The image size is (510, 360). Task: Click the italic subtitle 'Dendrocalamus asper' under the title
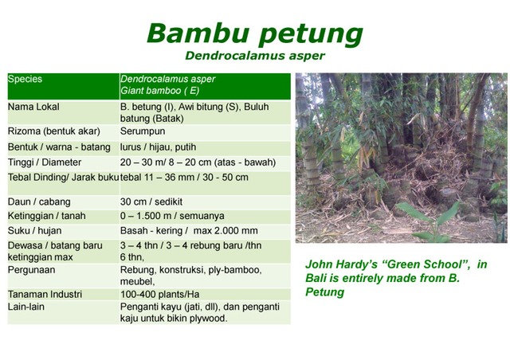coord(254,56)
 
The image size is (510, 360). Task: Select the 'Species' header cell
coord(25,80)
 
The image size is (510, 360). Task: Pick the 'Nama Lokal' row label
coord(33,107)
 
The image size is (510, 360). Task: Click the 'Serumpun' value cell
coord(143,131)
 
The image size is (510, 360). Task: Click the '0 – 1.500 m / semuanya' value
coord(171,216)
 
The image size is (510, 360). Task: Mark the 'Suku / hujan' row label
coord(34,231)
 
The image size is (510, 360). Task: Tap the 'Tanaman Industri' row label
coord(45,294)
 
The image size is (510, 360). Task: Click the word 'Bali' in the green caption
coord(318,278)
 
